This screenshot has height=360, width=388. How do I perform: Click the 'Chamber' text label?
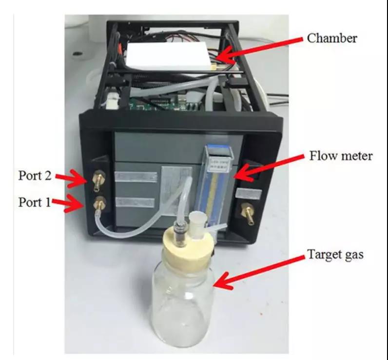click(x=331, y=38)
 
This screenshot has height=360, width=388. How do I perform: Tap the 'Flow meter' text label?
click(x=341, y=157)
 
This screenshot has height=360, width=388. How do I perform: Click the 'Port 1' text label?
click(x=35, y=201)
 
